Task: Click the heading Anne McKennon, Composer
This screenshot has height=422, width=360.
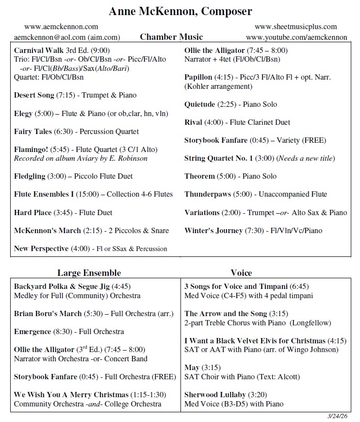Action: (x=180, y=11)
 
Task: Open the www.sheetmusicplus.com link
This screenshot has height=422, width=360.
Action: (x=295, y=27)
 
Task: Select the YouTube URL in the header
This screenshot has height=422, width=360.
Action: (x=296, y=37)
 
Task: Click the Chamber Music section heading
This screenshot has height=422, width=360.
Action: (x=171, y=37)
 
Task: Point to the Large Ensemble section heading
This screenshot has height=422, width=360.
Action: (x=89, y=272)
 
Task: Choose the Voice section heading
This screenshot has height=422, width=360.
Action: (x=241, y=272)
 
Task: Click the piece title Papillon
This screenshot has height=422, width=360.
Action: (x=198, y=77)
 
